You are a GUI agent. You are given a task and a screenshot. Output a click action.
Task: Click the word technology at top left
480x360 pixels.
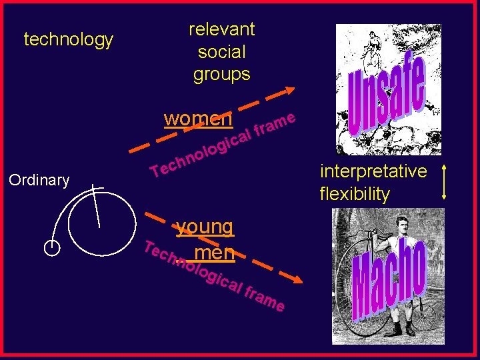(68, 40)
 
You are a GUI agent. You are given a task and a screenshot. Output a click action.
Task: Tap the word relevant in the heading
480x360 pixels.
(221, 29)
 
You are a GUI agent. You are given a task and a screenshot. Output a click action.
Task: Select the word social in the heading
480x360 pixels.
(221, 52)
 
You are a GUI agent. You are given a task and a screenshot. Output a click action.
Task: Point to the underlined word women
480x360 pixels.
(198, 119)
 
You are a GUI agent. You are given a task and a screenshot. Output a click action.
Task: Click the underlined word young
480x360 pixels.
(205, 227)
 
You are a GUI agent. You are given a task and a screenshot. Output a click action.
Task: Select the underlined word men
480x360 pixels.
(215, 253)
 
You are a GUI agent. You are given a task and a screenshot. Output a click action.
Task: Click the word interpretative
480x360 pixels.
(373, 171)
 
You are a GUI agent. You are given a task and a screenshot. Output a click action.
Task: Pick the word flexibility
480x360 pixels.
(355, 194)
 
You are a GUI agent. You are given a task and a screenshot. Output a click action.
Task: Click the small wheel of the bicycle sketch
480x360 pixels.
(52, 247)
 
